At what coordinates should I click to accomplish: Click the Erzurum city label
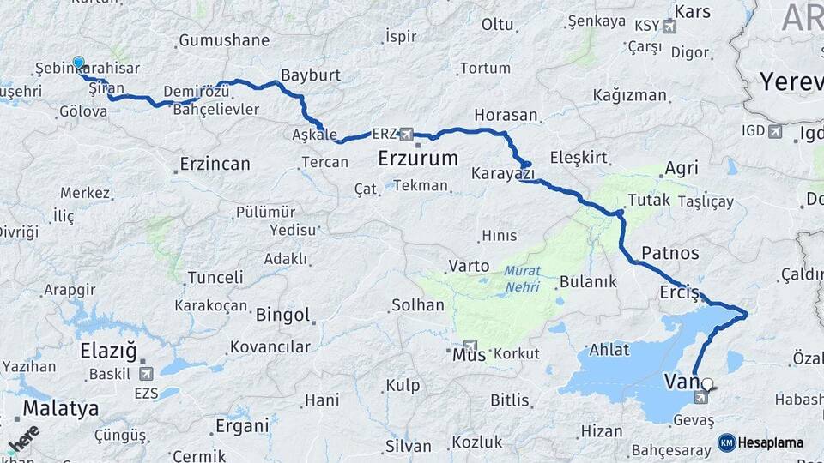(x=418, y=159)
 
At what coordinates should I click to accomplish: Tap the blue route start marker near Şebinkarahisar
(x=79, y=63)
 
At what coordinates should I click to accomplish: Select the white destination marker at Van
(x=707, y=385)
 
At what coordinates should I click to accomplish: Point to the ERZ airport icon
(x=406, y=135)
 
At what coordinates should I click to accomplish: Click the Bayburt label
(x=311, y=75)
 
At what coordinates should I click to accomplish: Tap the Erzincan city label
(x=215, y=163)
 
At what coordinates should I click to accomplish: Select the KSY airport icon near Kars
(x=669, y=27)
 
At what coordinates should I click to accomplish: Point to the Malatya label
(x=60, y=408)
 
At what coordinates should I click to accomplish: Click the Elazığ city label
(x=108, y=351)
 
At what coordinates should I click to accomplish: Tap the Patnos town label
(x=670, y=253)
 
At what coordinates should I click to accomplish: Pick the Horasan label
(x=506, y=115)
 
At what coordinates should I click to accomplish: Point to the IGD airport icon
(x=776, y=131)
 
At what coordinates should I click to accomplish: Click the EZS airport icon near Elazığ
(x=145, y=373)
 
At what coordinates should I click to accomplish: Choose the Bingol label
(x=282, y=315)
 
